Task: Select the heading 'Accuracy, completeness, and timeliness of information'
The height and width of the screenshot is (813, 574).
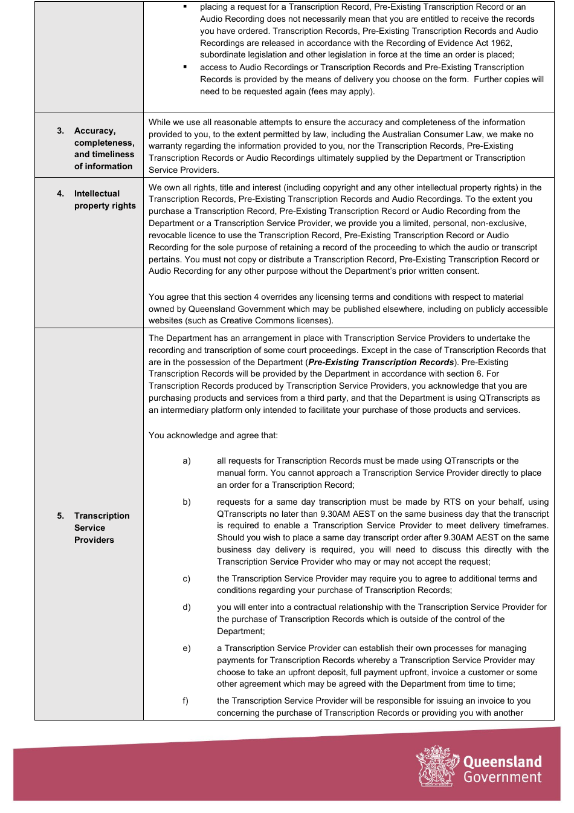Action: pyautogui.click(x=104, y=149)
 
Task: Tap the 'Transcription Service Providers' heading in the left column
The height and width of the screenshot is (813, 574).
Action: pyautogui.click(x=102, y=528)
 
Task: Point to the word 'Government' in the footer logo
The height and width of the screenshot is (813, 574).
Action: pyautogui.click(x=502, y=778)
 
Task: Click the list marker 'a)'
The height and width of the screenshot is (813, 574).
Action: pyautogui.click(x=187, y=461)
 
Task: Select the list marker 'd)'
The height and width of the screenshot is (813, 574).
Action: pyautogui.click(x=187, y=607)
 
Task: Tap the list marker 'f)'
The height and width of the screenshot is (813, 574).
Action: pyautogui.click(x=185, y=701)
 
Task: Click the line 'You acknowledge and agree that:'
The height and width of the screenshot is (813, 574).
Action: pyautogui.click(x=213, y=436)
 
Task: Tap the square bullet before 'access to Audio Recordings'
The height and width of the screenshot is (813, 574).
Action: pyautogui.click(x=185, y=67)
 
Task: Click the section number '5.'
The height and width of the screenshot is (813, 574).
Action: pyautogui.click(x=60, y=516)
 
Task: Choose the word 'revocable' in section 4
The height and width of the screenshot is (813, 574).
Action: pyautogui.click(x=169, y=236)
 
